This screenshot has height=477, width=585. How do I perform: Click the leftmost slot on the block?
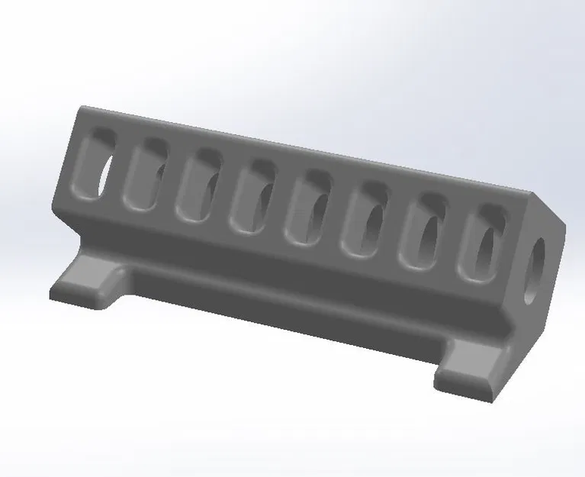98,165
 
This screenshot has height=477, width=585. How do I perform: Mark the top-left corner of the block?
81,109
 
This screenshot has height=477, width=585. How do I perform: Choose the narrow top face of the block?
305,149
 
